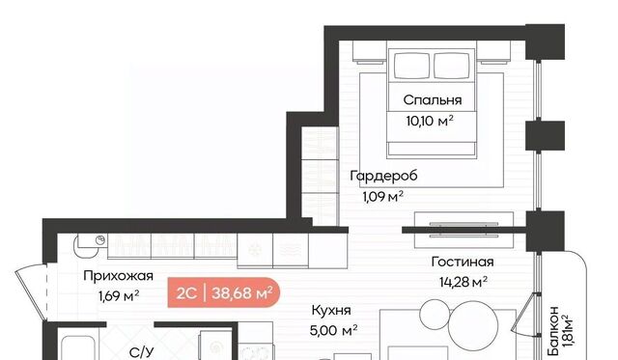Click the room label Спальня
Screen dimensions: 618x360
(433, 100)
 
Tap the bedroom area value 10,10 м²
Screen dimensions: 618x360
(430, 121)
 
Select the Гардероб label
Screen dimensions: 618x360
(384, 176)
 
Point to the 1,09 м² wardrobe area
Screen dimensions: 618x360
(383, 196)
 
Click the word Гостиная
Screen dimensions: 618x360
(463, 262)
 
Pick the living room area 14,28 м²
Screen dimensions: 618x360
(463, 282)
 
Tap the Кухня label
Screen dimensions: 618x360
(331, 311)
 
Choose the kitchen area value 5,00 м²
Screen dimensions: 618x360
(333, 330)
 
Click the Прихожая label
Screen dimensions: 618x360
(118, 276)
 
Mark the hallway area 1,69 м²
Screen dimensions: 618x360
(119, 295)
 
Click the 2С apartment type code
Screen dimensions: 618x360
(186, 293)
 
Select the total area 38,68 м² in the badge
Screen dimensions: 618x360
(242, 293)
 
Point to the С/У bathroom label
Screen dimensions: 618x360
(142, 353)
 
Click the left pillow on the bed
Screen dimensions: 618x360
(412, 66)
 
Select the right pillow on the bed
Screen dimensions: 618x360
(452, 66)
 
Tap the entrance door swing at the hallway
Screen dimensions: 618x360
(32, 291)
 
